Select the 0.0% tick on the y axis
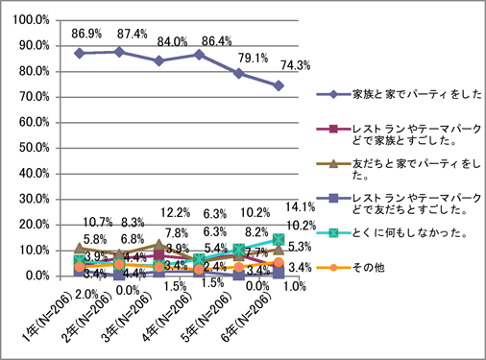(37, 276)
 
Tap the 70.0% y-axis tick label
(35, 96)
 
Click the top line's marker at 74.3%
(278, 85)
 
